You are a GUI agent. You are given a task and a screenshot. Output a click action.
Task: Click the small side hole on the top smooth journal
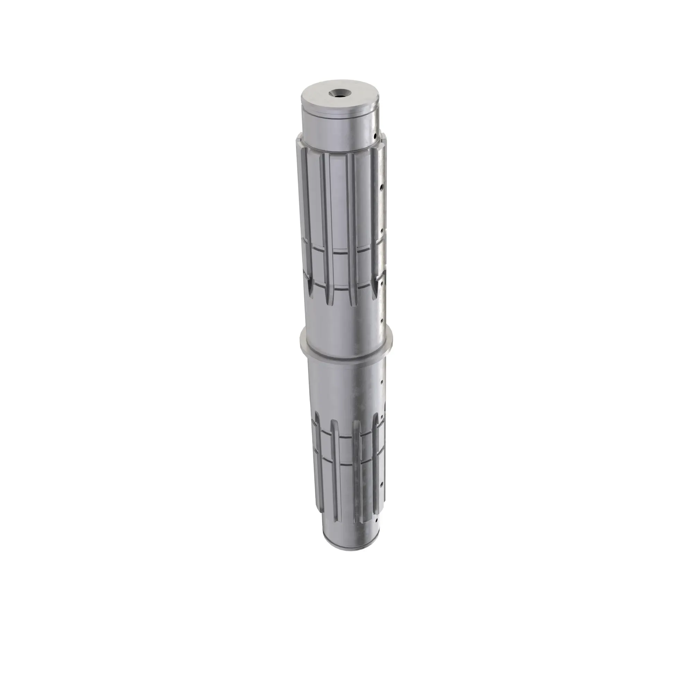374,136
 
